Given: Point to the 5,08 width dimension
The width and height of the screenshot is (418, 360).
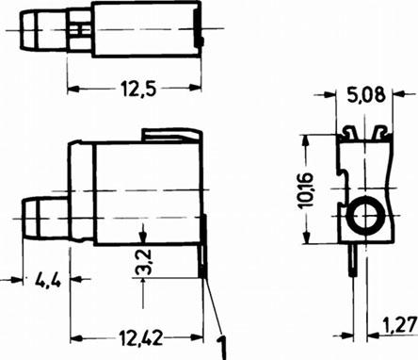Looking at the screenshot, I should [x=365, y=95].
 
